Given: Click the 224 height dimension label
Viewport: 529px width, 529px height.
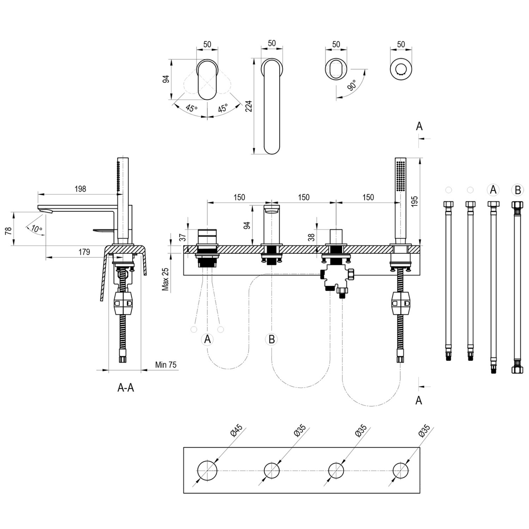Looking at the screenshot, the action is [x=249, y=106].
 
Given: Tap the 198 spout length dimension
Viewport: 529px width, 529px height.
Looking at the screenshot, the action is [x=80, y=189].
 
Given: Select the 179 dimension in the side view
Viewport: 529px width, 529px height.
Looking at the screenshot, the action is [x=84, y=252].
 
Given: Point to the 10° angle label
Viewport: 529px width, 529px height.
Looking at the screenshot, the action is [x=37, y=228].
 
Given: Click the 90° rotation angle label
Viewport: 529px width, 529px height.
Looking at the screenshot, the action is [x=352, y=85].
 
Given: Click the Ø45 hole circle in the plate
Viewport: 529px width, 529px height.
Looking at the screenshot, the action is [x=207, y=470].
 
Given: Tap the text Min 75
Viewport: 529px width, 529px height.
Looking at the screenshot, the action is [x=166, y=365].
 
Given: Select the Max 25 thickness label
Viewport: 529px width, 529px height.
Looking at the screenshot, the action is [x=165, y=279].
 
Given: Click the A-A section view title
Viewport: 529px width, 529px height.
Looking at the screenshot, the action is [x=126, y=387].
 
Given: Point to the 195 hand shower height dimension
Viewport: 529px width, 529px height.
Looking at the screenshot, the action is [x=415, y=201].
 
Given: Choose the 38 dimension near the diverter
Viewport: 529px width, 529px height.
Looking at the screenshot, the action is [x=311, y=237].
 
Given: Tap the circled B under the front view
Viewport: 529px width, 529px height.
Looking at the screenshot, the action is [x=272, y=339].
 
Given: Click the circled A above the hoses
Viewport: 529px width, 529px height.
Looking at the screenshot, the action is [x=493, y=190].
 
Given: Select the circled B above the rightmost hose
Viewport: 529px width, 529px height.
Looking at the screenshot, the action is [x=518, y=190].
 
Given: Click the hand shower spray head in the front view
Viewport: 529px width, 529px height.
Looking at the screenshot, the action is [x=400, y=176].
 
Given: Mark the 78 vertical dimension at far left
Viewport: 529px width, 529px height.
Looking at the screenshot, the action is [x=9, y=230].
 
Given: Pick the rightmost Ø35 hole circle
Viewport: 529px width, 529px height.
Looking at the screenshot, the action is [x=400, y=470].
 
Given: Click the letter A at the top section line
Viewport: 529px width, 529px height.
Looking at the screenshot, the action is [x=419, y=126].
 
